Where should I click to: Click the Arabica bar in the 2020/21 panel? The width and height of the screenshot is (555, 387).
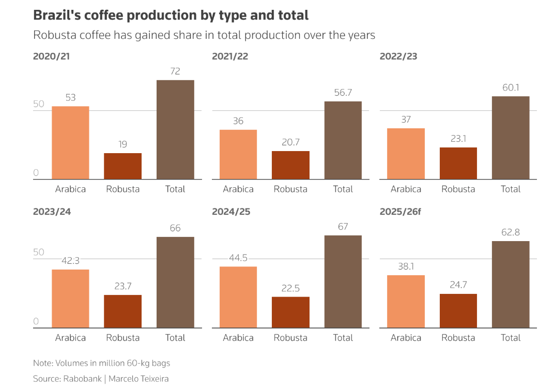pyautogui.click(x=70, y=143)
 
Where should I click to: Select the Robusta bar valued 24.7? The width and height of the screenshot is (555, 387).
pyautogui.click(x=458, y=310)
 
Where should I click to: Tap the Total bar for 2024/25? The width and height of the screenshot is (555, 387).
pyautogui.click(x=343, y=281)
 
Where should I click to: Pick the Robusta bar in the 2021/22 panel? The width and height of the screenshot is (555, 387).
pyautogui.click(x=290, y=165)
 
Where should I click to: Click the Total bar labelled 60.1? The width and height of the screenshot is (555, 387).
pyautogui.click(x=511, y=138)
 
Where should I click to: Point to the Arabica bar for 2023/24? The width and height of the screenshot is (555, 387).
pyautogui.click(x=70, y=299)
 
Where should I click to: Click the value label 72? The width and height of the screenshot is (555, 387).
pyautogui.click(x=175, y=71)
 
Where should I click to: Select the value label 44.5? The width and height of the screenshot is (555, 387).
pyautogui.click(x=238, y=258)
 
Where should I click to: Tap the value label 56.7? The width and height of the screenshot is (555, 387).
pyautogui.click(x=343, y=93)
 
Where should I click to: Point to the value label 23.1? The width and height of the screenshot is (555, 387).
pyautogui.click(x=458, y=139)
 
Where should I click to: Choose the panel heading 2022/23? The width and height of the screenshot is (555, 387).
pyautogui.click(x=398, y=56)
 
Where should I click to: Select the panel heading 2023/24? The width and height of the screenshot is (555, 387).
pyautogui.click(x=51, y=212)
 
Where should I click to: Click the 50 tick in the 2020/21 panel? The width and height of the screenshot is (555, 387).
pyautogui.click(x=39, y=104)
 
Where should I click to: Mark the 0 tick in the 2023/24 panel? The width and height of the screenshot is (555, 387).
pyautogui.click(x=36, y=321)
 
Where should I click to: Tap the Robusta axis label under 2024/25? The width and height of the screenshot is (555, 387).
pyautogui.click(x=290, y=338)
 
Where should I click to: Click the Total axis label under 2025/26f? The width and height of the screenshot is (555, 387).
pyautogui.click(x=511, y=338)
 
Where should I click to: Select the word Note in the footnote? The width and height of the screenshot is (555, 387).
pyautogui.click(x=42, y=363)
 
